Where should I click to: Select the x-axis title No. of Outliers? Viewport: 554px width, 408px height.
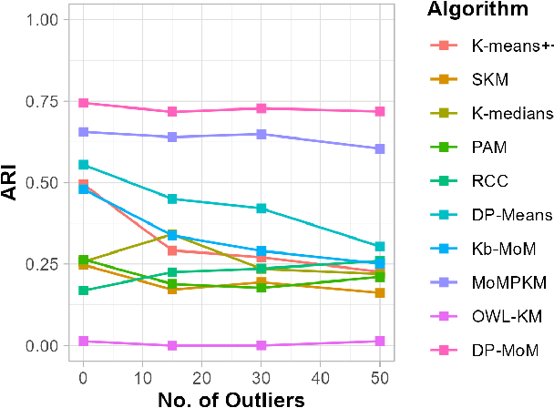coord(231,397)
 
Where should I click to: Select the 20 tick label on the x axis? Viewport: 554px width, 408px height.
coord(202,374)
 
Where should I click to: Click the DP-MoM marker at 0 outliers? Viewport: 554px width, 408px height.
coord(84,103)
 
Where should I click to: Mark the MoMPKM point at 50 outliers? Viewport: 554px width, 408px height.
coord(379,148)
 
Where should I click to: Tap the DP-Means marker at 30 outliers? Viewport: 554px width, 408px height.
coord(262,209)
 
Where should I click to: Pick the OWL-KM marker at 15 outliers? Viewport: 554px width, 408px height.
coord(172,345)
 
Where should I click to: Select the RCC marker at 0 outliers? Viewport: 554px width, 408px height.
coord(84,291)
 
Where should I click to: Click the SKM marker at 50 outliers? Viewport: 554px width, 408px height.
coord(379,293)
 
